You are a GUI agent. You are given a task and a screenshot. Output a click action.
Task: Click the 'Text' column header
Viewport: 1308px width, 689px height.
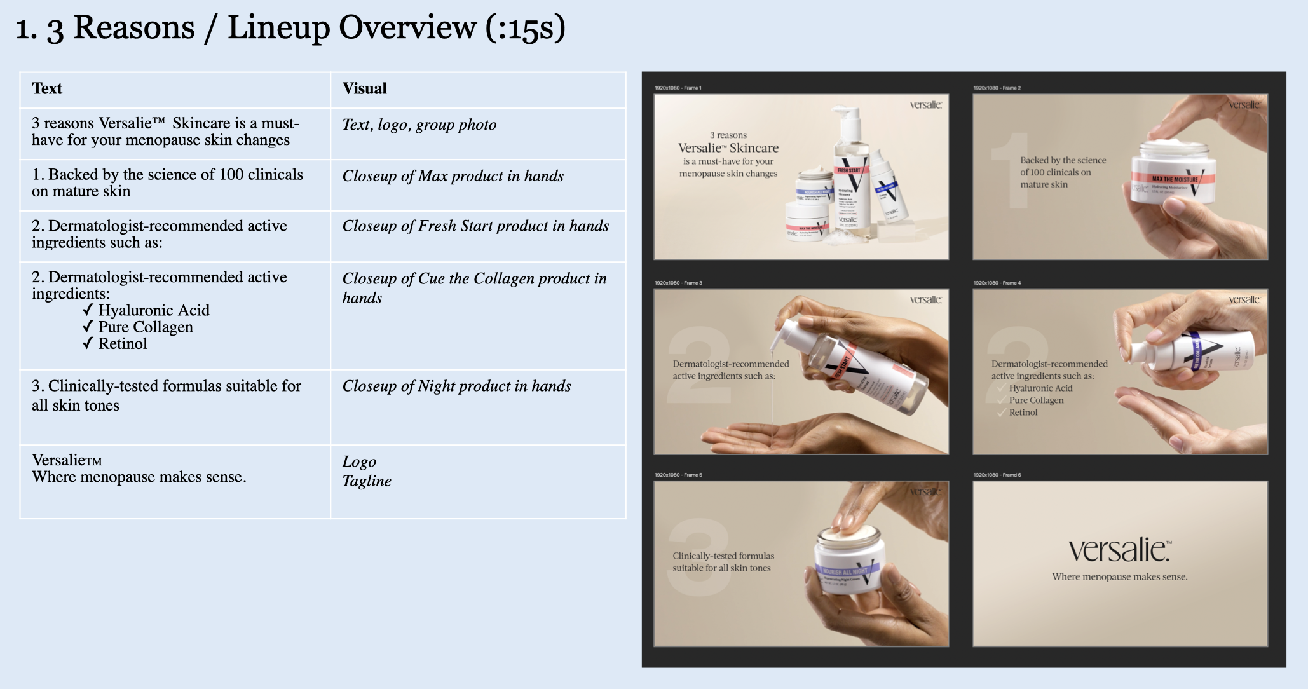coord(47,88)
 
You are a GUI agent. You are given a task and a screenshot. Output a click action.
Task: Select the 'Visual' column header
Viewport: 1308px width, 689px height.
coord(364,88)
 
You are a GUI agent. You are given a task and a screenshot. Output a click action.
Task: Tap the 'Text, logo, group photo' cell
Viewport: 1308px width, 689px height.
coord(419,125)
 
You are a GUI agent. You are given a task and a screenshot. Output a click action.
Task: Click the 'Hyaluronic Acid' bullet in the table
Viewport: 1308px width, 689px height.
coord(153,310)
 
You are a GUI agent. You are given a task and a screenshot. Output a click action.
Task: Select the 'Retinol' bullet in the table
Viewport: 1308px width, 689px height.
coord(123,344)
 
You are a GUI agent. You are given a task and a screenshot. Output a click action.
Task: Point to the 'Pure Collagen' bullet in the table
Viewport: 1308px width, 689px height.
coord(146,327)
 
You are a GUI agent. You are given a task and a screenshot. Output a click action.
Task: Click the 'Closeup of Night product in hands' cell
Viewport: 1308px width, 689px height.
coord(456,386)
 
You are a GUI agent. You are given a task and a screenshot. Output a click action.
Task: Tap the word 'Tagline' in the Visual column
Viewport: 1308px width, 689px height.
coord(367,481)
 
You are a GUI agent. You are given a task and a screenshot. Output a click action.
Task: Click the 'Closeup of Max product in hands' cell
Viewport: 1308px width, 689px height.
coord(453,176)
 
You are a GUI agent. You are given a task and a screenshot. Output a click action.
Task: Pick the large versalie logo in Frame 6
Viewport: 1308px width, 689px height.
coord(1119,550)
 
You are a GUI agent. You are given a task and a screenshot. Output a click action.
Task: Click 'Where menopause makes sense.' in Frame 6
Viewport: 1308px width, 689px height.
coord(1119,577)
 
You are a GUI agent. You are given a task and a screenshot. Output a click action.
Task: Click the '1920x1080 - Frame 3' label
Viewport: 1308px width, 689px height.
coord(678,283)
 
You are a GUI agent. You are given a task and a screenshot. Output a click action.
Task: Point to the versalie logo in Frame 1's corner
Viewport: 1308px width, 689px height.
coord(925,105)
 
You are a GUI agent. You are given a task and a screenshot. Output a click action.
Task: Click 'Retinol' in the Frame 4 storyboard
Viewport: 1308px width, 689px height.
coord(1023,413)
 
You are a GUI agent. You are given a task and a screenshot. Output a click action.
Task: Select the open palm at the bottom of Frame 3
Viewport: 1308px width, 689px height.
coord(763,435)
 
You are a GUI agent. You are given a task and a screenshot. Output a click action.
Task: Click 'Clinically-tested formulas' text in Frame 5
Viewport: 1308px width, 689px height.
coord(723,556)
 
